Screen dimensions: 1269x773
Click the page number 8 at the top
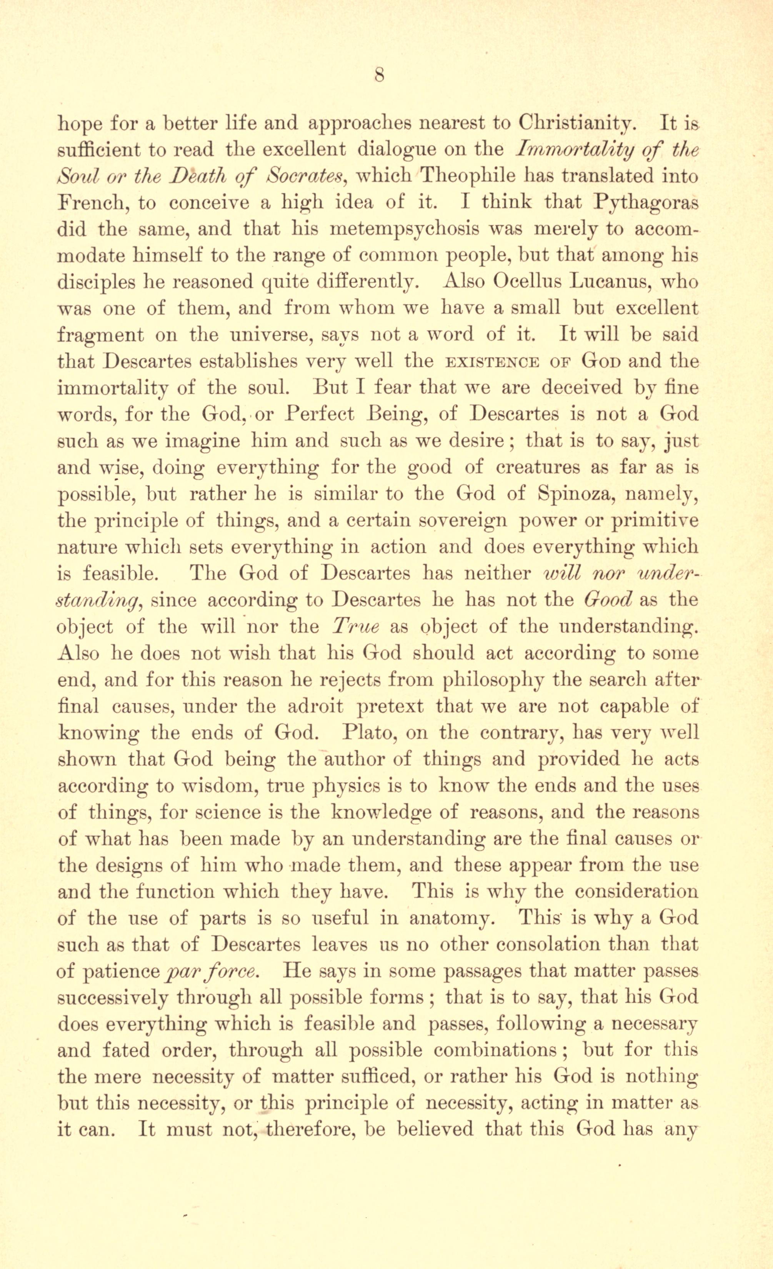pyautogui.click(x=380, y=76)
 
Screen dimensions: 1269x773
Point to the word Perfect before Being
pyautogui.click(x=321, y=415)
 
